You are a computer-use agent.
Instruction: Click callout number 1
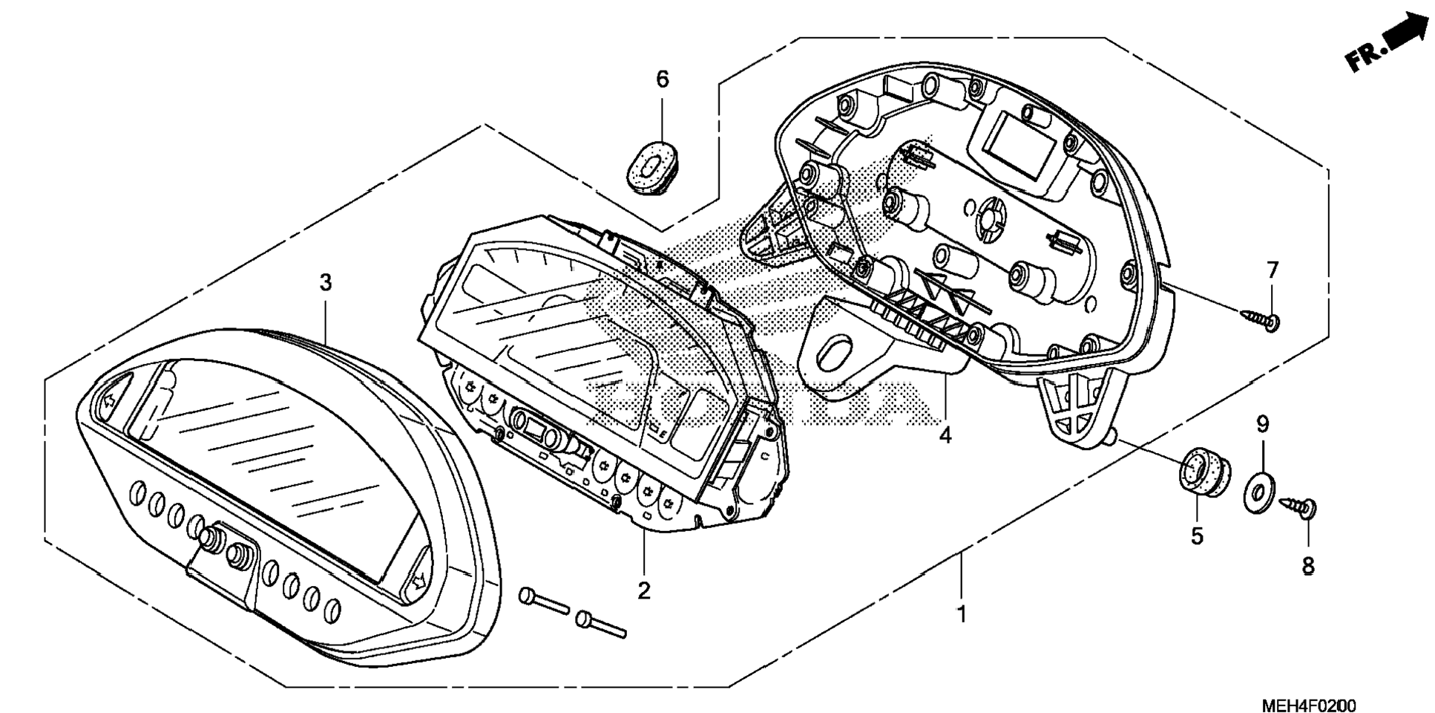961,615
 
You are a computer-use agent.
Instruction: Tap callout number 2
643,590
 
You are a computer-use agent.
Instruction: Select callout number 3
325,282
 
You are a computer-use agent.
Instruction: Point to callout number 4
945,435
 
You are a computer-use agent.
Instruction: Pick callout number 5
1196,536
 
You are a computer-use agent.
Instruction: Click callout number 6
662,79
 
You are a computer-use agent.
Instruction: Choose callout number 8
1307,566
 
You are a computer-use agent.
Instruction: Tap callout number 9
1262,425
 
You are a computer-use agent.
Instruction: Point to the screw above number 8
1299,507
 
